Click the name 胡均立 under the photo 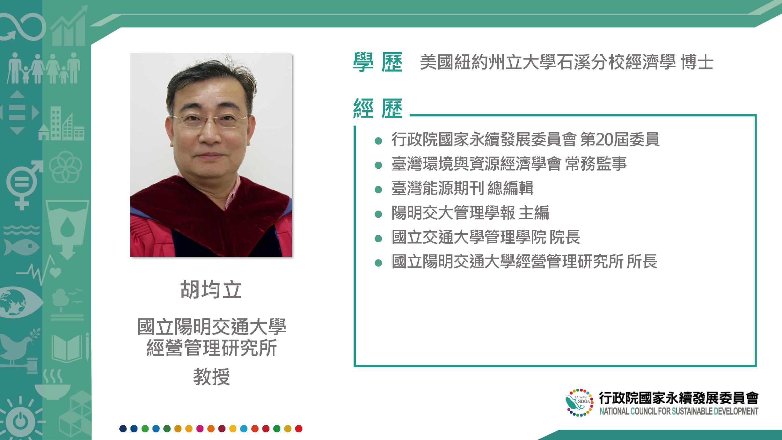pos(211,289)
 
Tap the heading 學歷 pos(378,62)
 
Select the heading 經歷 pos(378,108)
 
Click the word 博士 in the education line pos(697,62)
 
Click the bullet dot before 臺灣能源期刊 pos(378,190)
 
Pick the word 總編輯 pos(510,188)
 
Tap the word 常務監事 pos(596,163)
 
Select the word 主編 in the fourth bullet pos(534,212)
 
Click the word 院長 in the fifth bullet pos(565,237)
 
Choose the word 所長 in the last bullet pos(642,261)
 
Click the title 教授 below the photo pos(211,377)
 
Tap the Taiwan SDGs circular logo pos(579,402)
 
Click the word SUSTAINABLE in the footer pos(692,411)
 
